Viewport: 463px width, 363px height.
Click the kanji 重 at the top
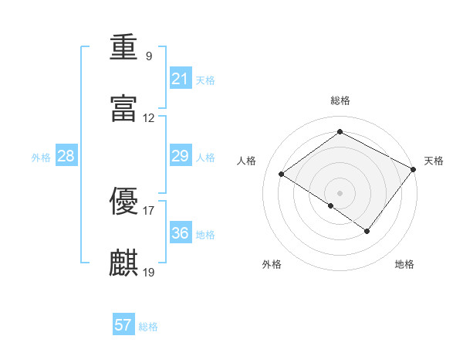[123, 46]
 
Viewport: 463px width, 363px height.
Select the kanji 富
[123, 108]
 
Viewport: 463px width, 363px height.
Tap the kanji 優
[123, 201]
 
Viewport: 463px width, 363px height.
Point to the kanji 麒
[123, 263]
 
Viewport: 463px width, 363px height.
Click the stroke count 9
[149, 56]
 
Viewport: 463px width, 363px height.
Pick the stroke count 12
[148, 118]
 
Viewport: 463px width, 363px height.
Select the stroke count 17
[148, 211]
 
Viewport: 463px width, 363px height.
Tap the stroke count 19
[148, 272]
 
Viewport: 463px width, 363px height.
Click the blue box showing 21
[181, 78]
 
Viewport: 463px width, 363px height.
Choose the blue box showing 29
[181, 155]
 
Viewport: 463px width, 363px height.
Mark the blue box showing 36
[181, 232]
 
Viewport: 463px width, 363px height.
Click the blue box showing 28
[66, 155]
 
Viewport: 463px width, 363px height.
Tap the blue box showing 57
[123, 324]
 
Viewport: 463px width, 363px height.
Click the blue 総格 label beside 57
[148, 327]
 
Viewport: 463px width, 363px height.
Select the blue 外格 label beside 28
[41, 158]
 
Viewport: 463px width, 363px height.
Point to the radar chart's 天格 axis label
[434, 161]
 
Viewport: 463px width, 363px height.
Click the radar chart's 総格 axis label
[340, 100]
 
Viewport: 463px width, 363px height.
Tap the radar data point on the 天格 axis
[413, 169]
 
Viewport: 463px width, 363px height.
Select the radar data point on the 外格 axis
[331, 205]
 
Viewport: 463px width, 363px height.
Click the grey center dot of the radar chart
[340, 193]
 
